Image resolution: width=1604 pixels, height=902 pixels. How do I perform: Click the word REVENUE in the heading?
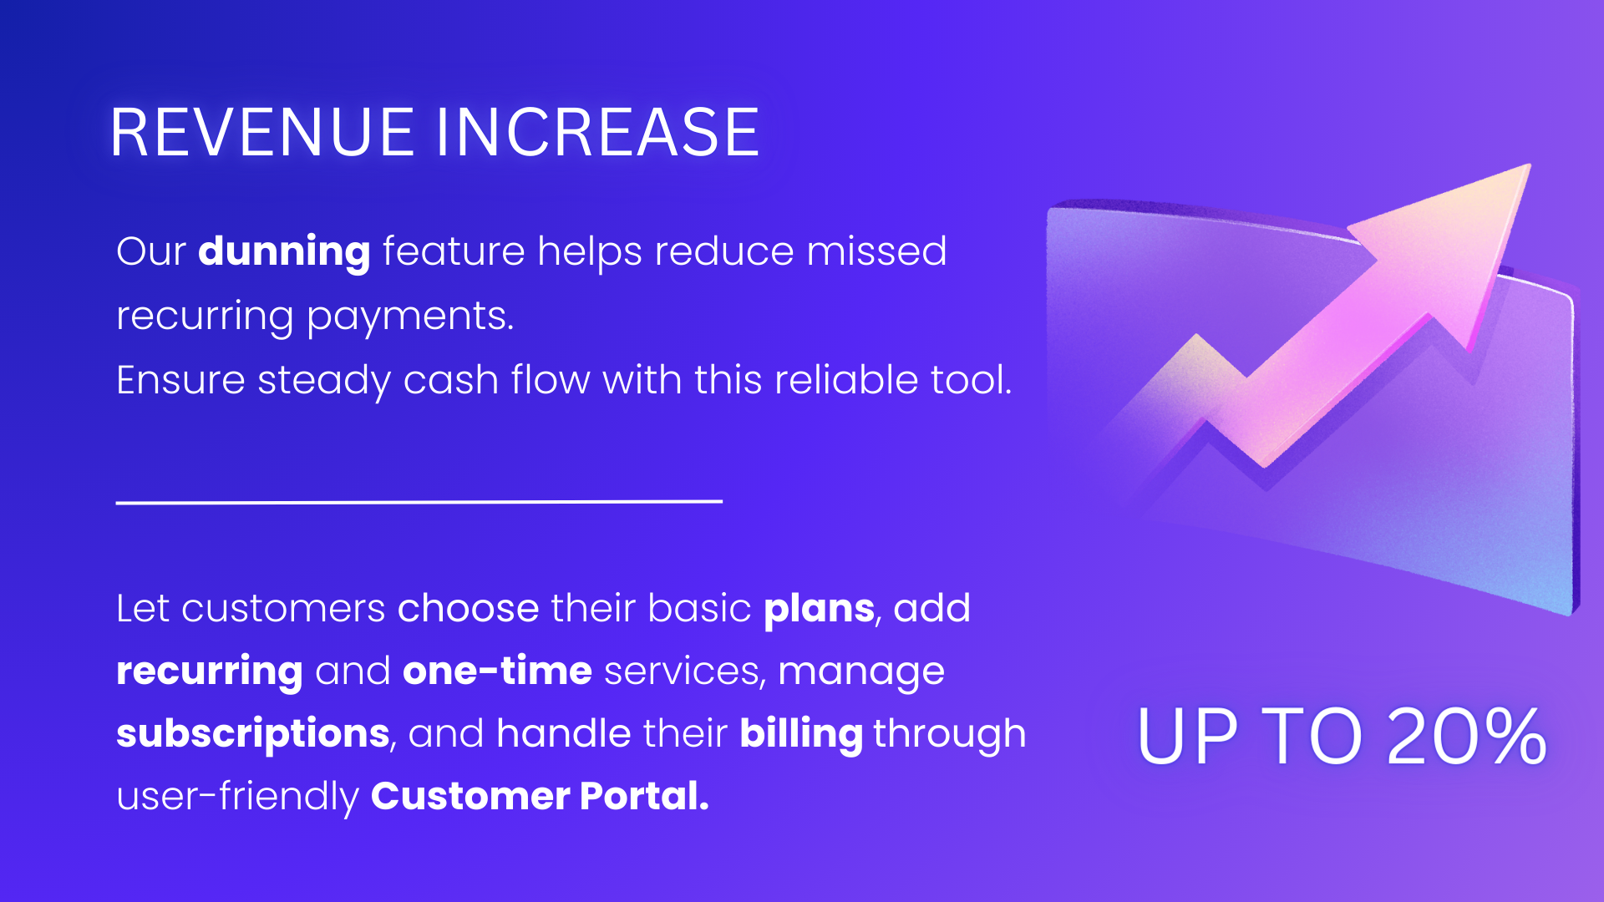[262, 132]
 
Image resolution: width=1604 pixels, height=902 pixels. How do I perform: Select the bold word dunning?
[284, 251]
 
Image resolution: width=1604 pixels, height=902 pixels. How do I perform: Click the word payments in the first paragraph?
[409, 317]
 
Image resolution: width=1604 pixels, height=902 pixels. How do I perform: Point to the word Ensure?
[180, 380]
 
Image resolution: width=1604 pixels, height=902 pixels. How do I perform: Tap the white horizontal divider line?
[419, 502]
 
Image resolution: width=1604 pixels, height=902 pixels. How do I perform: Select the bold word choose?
[469, 608]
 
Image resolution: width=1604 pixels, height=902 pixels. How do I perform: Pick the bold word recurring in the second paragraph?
[210, 672]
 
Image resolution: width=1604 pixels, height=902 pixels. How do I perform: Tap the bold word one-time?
[498, 671]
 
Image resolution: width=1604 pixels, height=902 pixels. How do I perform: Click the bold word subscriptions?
[253, 734]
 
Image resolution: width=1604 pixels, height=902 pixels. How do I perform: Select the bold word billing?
[801, 734]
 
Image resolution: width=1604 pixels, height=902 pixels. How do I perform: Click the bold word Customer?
[470, 796]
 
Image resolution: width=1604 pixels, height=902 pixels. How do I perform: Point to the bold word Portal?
[645, 796]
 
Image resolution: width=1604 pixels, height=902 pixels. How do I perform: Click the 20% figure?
[1466, 737]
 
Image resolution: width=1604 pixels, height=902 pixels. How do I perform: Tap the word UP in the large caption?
[1187, 737]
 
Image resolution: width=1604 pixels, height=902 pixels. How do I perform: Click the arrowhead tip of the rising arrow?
[1530, 165]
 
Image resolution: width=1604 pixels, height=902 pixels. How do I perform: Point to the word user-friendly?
[237, 796]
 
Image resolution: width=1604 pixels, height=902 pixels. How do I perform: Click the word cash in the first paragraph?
[451, 380]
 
